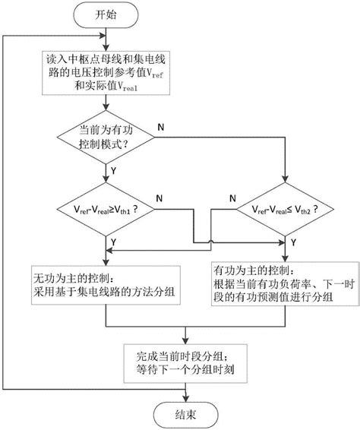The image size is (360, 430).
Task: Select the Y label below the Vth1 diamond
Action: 114,240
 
